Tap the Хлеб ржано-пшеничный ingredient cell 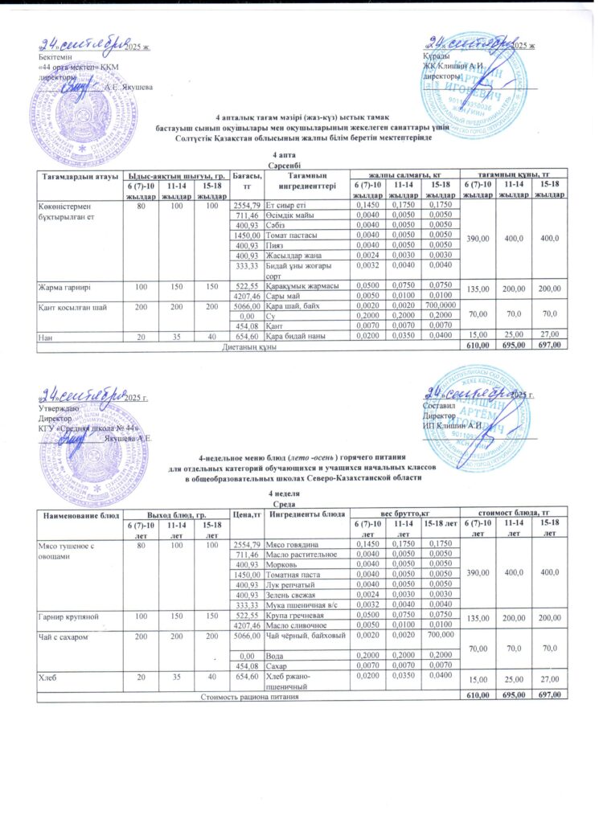(x=295, y=682)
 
